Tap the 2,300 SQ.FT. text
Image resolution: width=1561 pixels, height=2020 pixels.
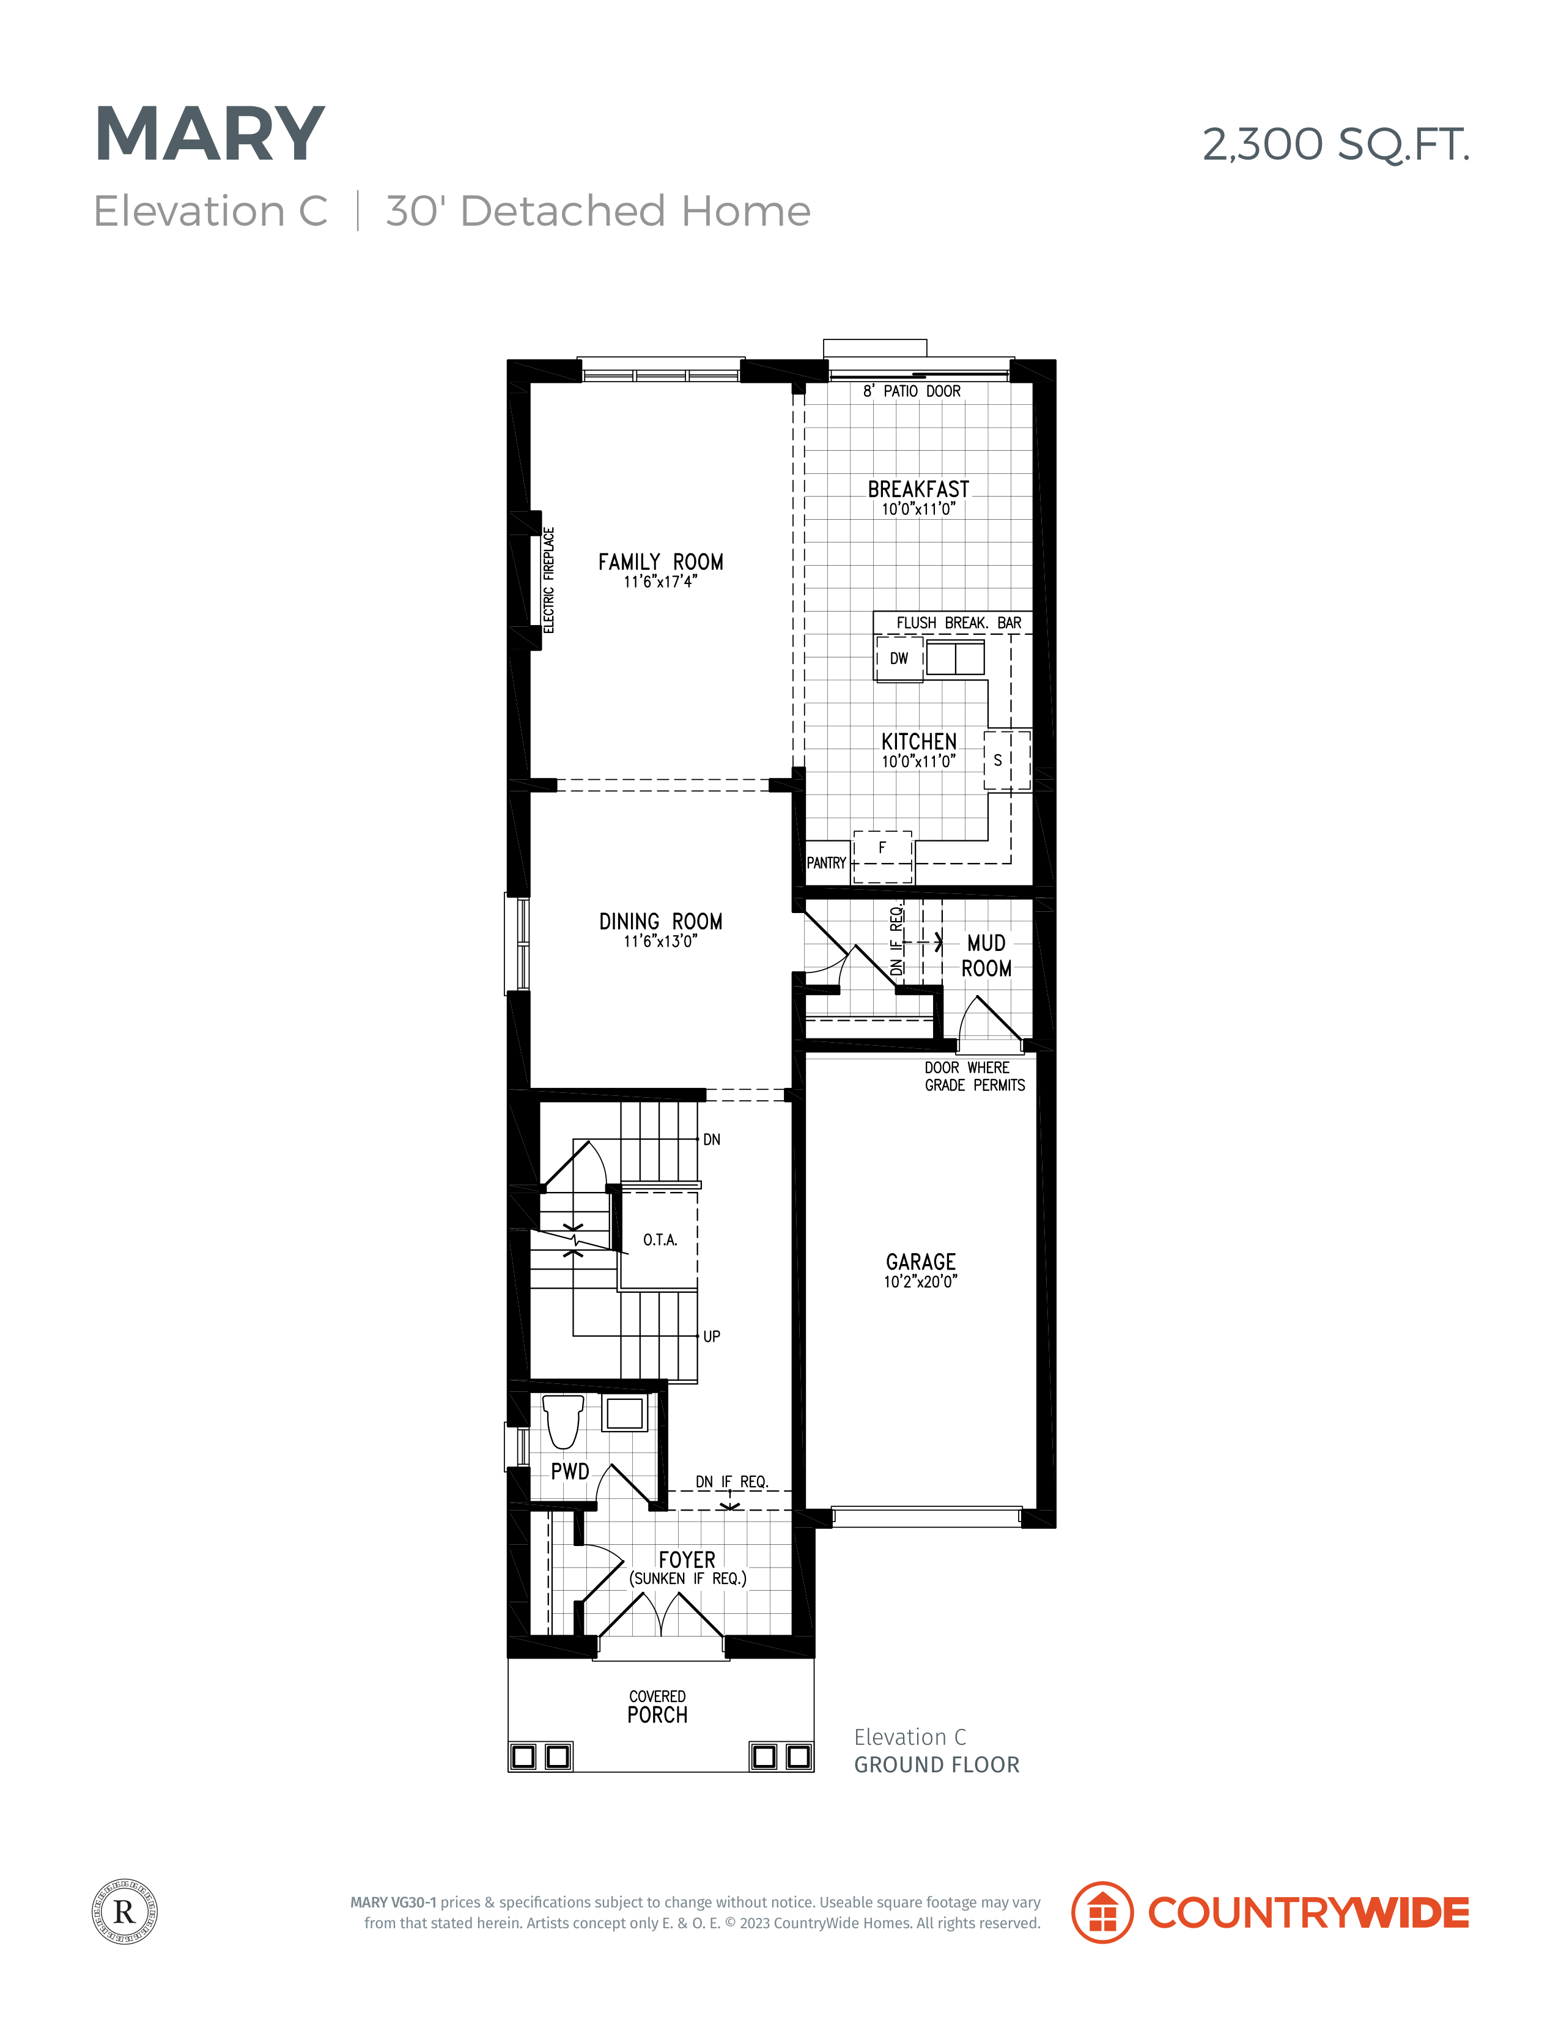pyautogui.click(x=1335, y=144)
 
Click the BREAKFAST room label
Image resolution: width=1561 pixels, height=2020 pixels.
pyautogui.click(x=918, y=489)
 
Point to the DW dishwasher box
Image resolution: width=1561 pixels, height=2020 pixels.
pyautogui.click(x=899, y=659)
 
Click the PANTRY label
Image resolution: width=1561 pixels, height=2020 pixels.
pyautogui.click(x=826, y=863)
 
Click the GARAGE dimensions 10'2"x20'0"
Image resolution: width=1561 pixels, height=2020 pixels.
pyautogui.click(x=920, y=1281)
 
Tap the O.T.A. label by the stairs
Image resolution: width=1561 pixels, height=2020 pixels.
pyautogui.click(x=660, y=1240)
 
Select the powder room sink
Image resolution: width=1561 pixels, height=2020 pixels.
pyautogui.click(x=624, y=1413)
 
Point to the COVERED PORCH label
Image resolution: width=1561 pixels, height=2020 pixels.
pyautogui.click(x=657, y=1706)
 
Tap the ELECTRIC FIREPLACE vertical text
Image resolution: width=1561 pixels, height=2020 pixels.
pyautogui.click(x=548, y=580)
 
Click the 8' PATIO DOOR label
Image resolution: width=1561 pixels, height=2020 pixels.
pyautogui.click(x=912, y=391)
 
